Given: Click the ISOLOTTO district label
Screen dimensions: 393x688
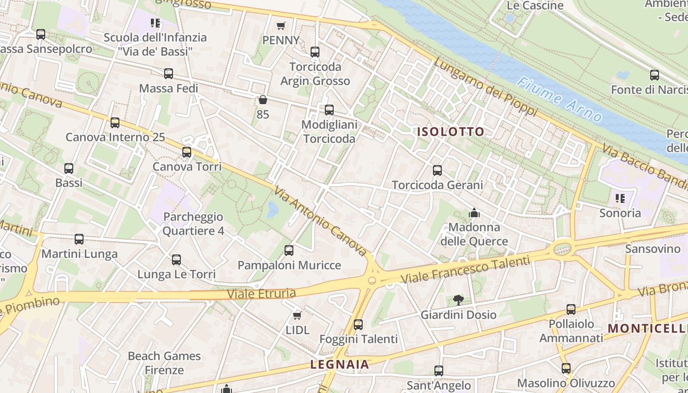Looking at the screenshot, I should pyautogui.click(x=451, y=132).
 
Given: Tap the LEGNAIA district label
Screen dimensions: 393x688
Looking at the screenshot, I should pyautogui.click(x=340, y=365).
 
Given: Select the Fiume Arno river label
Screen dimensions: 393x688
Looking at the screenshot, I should pyautogui.click(x=560, y=100).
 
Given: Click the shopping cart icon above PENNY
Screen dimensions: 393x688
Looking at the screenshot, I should pyautogui.click(x=281, y=26).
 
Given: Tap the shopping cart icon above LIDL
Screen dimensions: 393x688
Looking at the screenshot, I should pyautogui.click(x=297, y=315).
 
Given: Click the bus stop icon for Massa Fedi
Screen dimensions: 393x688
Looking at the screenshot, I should pyautogui.click(x=169, y=74).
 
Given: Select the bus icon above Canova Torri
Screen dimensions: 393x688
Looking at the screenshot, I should pyautogui.click(x=187, y=152).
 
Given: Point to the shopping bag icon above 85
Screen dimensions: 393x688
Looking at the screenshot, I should pyautogui.click(x=263, y=100).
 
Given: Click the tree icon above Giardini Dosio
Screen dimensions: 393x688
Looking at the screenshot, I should pyautogui.click(x=458, y=300).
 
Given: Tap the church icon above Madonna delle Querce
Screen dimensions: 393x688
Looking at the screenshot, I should pyautogui.click(x=474, y=213).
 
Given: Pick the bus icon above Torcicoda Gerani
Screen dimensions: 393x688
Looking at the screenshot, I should pyautogui.click(x=437, y=170).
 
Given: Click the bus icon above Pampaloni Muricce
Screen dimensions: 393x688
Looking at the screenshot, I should pyautogui.click(x=289, y=251).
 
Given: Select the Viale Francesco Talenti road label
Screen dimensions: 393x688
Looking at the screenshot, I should pyautogui.click(x=465, y=271).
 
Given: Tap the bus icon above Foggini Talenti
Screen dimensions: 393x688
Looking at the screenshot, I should pyautogui.click(x=358, y=324).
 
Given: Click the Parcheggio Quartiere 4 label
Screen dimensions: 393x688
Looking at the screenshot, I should pyautogui.click(x=193, y=224).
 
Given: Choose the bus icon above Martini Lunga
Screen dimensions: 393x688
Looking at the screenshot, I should pyautogui.click(x=79, y=239).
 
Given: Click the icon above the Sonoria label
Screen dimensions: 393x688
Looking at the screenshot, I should pyautogui.click(x=620, y=198).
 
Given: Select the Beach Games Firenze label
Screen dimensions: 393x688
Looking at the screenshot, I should pyautogui.click(x=164, y=363).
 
